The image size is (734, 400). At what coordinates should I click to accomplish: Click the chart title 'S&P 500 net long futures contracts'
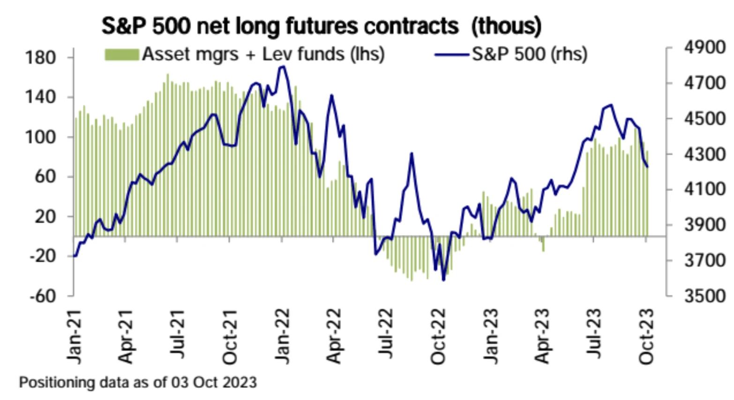(x=280, y=26)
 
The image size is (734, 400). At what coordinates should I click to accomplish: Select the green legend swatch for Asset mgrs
(x=122, y=55)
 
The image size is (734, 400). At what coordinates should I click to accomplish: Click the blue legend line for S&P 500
(x=452, y=55)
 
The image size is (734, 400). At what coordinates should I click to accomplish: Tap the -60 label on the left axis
(x=42, y=296)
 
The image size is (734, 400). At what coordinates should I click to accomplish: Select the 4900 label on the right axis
(x=704, y=48)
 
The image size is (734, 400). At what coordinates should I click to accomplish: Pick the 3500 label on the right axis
(x=704, y=296)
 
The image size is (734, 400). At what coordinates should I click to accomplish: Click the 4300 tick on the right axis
(x=704, y=154)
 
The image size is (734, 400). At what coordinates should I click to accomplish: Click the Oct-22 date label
(x=438, y=336)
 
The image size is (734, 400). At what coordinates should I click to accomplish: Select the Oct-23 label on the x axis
(x=646, y=336)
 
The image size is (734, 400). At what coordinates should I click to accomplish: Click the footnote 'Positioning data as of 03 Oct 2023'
(x=138, y=382)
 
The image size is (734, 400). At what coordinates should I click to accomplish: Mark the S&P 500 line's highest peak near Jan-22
(x=282, y=67)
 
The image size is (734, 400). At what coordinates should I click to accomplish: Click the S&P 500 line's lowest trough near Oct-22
(x=443, y=280)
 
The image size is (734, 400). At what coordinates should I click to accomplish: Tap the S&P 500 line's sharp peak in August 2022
(x=412, y=153)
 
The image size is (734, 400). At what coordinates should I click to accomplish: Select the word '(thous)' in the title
(x=506, y=26)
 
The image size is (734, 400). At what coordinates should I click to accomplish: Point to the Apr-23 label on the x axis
(x=542, y=336)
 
